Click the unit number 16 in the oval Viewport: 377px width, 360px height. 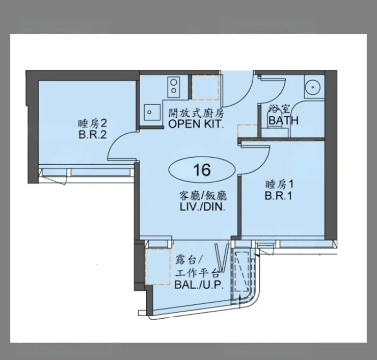tap(202, 170)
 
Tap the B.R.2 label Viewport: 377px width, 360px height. tap(93, 135)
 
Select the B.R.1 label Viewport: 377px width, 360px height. tap(279, 196)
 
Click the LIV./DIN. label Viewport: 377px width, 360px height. tap(203, 207)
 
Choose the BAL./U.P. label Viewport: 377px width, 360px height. tap(199, 285)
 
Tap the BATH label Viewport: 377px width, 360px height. tap(284, 120)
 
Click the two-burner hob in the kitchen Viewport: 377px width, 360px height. tap(174, 87)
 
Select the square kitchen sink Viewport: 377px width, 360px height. tap(152, 113)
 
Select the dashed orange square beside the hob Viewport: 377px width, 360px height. tap(205, 87)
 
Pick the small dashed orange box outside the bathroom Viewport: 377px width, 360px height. tap(248, 131)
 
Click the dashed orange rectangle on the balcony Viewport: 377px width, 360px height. tap(157, 267)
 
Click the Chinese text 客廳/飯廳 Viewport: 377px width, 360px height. tap(203, 196)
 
